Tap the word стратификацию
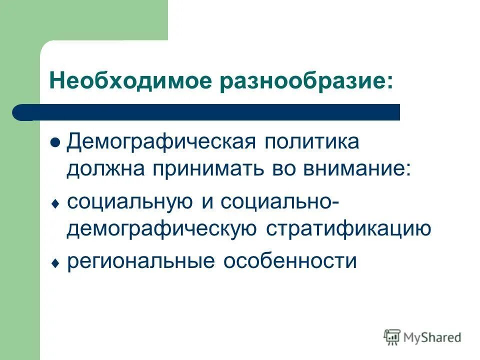348,229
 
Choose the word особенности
290,261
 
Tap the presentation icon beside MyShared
392,337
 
